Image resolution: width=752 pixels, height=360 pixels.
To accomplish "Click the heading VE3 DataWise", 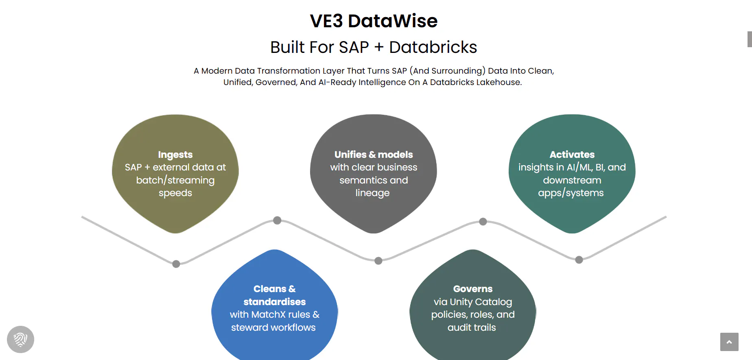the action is click(374, 21).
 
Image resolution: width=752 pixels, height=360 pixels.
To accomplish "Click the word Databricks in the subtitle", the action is click(433, 47).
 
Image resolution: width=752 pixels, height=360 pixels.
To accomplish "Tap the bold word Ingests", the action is click(175, 155).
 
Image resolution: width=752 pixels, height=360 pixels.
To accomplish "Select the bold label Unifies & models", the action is click(374, 155).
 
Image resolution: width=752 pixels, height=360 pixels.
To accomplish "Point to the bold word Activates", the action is click(572, 155).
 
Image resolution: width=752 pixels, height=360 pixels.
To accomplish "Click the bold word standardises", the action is click(275, 302).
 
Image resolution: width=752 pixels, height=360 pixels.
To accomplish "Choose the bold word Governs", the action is click(473, 289).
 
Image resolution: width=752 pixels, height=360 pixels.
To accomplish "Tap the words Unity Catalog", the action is click(481, 302).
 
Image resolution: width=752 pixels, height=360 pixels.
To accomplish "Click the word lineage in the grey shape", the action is click(372, 193).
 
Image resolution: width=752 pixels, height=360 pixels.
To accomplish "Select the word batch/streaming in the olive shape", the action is click(175, 180).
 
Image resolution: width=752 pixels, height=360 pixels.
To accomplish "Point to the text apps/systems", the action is click(571, 193).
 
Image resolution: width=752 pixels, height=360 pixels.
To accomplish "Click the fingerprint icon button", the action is click(20, 339).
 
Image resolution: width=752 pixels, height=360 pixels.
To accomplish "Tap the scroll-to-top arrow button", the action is click(729, 342).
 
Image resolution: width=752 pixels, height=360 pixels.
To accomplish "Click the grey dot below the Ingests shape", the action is click(176, 264).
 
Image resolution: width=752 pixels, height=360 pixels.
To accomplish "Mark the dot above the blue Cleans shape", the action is click(277, 220).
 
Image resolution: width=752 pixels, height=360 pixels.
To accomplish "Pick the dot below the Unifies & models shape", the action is click(378, 261).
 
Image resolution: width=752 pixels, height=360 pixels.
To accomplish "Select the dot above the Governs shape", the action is click(483, 222).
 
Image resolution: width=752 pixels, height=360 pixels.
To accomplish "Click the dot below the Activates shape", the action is click(579, 260).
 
